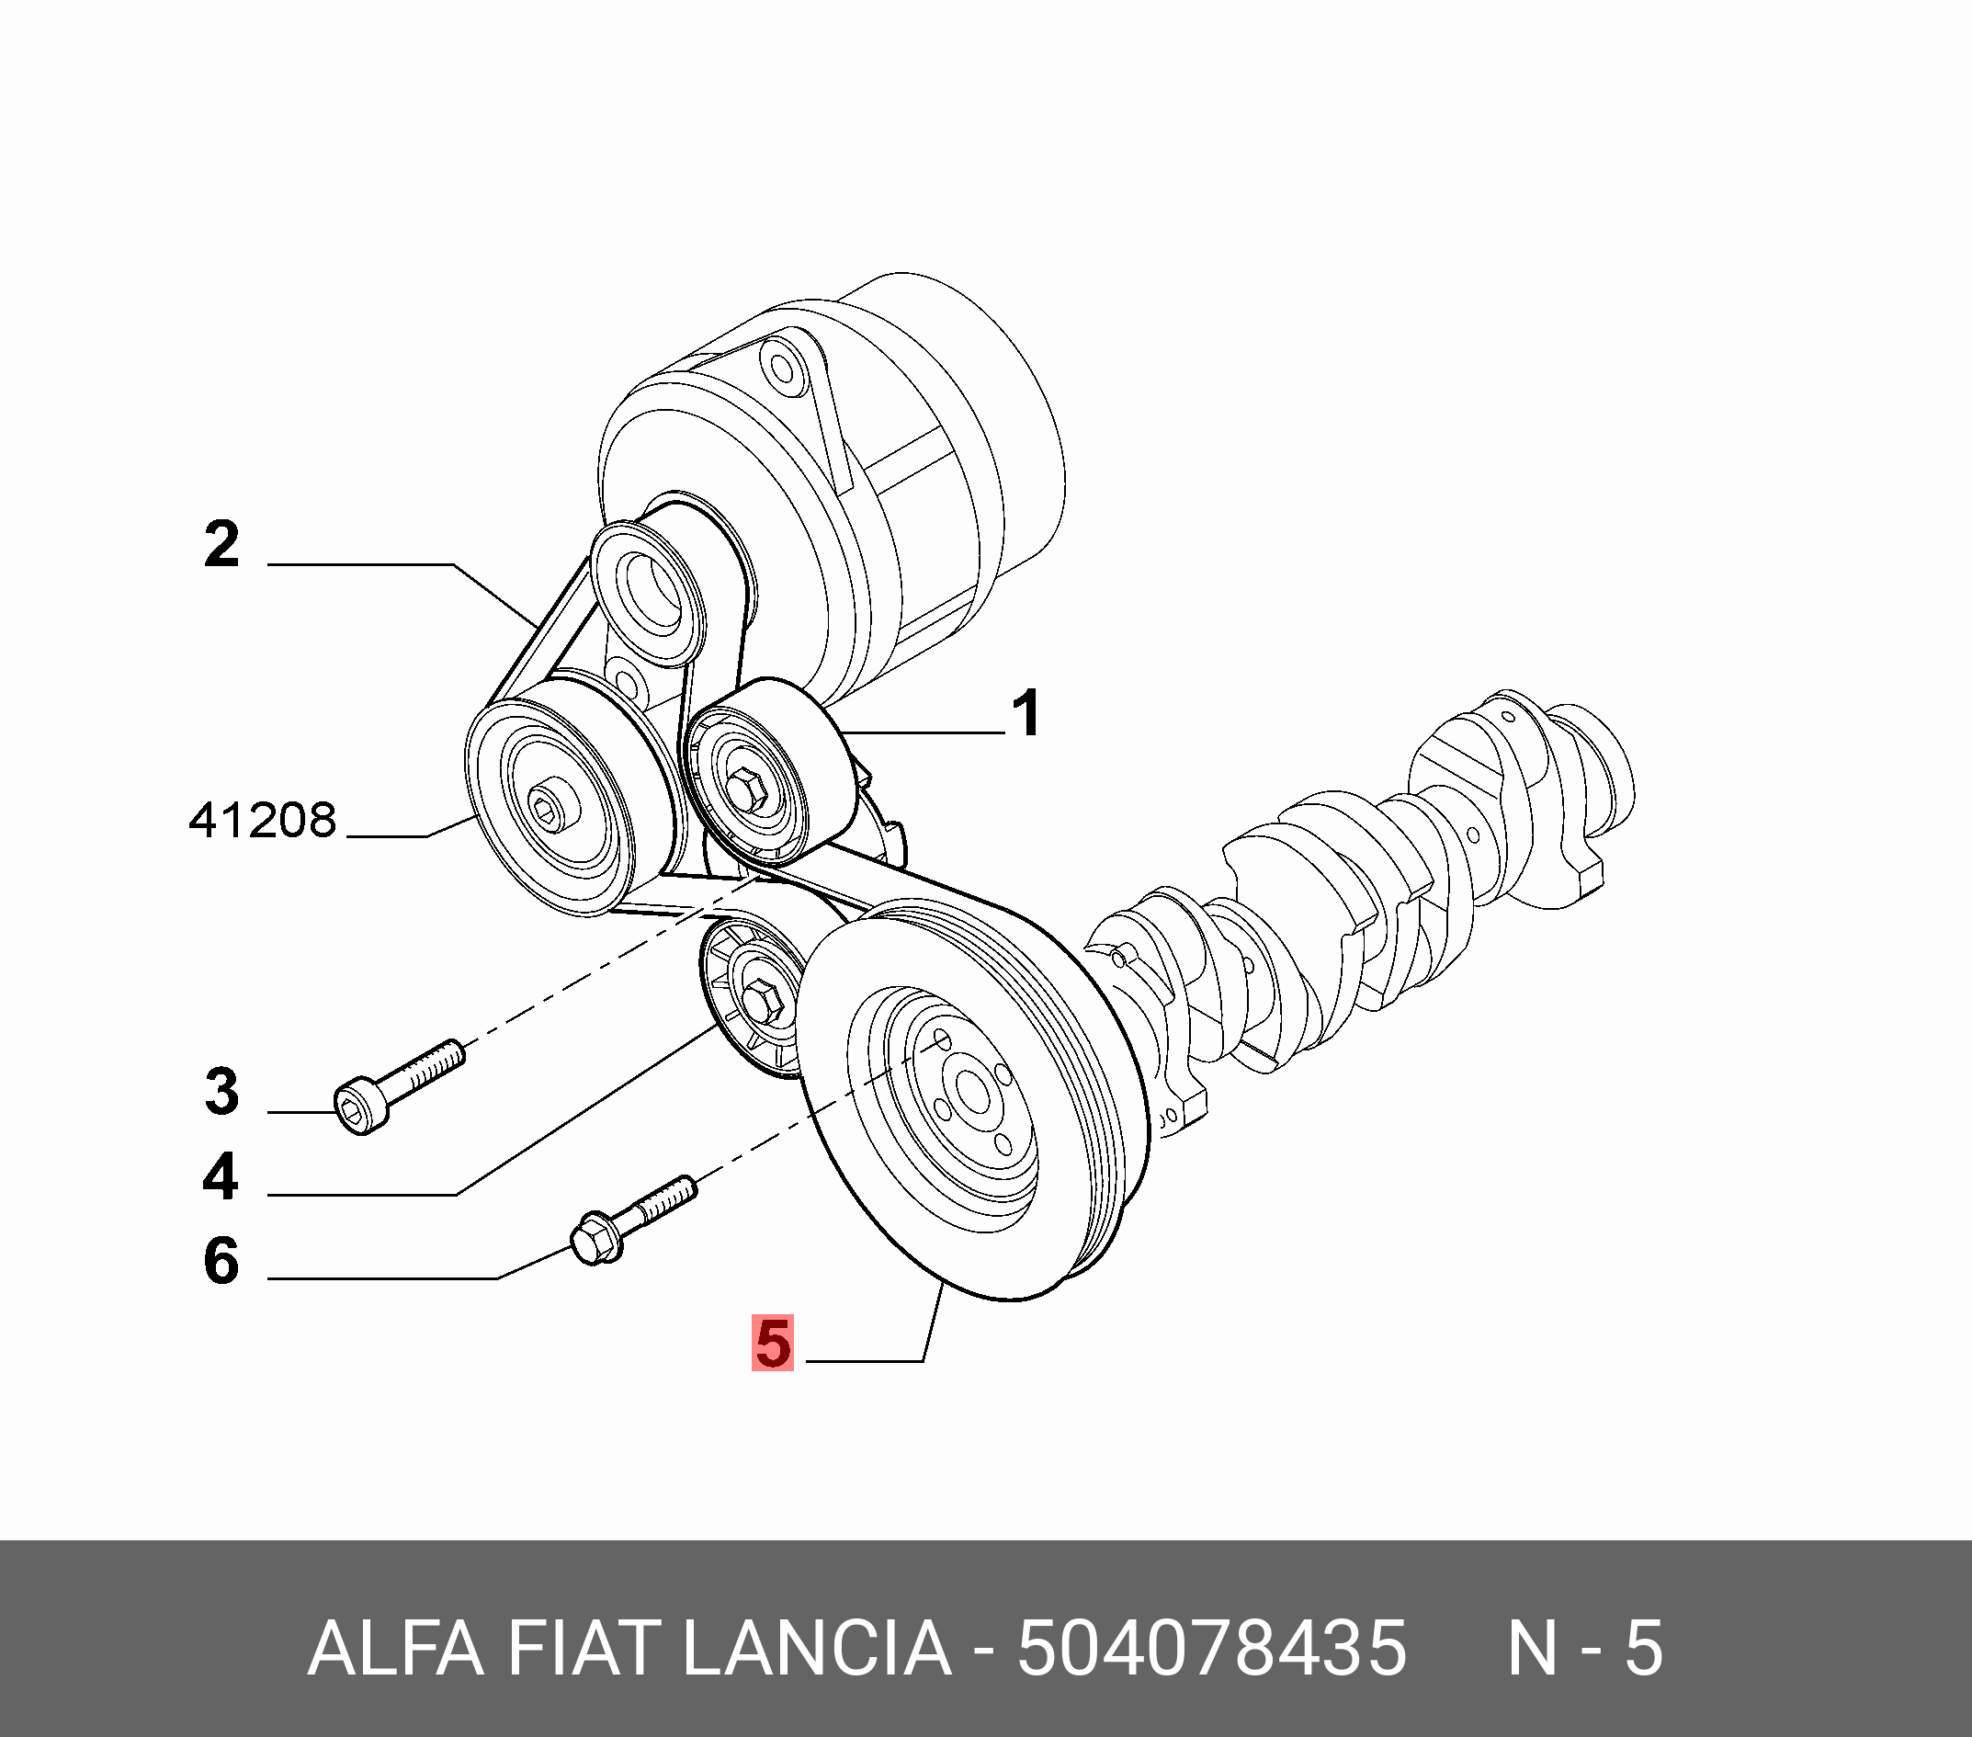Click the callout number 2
click(x=221, y=544)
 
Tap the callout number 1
click(x=1026, y=713)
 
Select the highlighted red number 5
click(x=773, y=1343)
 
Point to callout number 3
click(x=221, y=1092)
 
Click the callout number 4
click(x=221, y=1176)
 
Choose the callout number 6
click(x=221, y=1260)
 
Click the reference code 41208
click(x=263, y=820)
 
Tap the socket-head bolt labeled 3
click(x=399, y=1086)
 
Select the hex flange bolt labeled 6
click(x=632, y=1220)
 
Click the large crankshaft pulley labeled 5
click(x=974, y=1100)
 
